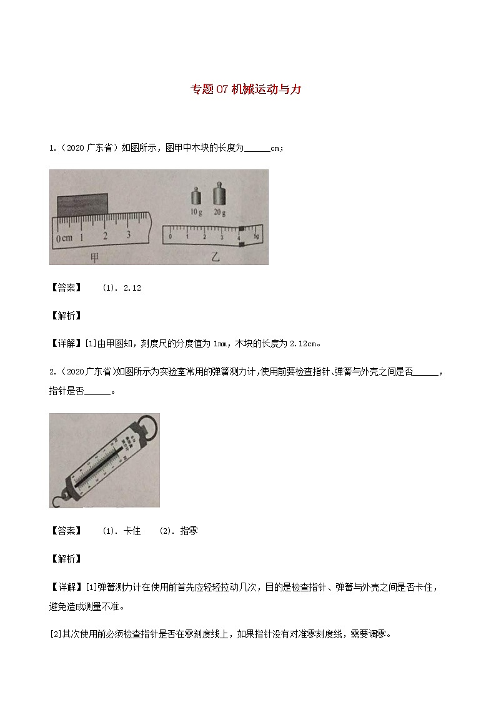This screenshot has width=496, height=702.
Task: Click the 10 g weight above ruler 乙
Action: click(196, 198)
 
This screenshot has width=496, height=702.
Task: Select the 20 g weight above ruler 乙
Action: click(219, 194)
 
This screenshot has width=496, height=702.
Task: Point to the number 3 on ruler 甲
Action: click(127, 235)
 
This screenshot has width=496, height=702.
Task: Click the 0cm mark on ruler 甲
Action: click(64, 239)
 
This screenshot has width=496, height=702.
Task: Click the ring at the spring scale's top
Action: click(149, 422)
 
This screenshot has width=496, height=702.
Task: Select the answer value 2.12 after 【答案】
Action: click(133, 288)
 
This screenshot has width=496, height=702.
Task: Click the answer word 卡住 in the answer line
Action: click(132, 531)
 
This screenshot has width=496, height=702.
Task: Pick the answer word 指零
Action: click(189, 531)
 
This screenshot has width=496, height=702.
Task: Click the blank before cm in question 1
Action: click(257, 148)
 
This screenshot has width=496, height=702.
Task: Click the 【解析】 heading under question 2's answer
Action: click(65, 558)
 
